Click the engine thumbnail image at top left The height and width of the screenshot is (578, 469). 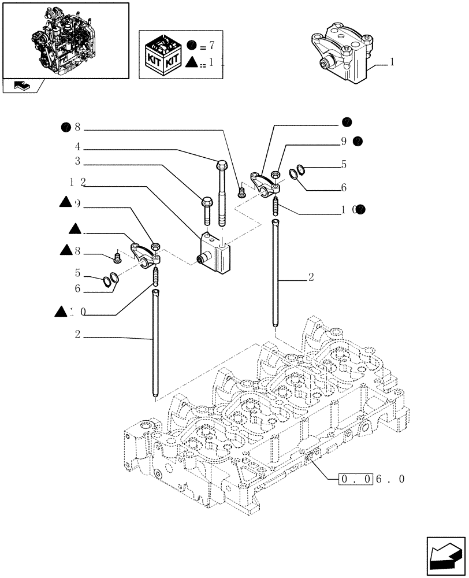[x=65, y=40]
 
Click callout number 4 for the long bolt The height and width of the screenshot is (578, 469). [x=76, y=147]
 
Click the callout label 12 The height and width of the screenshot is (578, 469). [x=77, y=182]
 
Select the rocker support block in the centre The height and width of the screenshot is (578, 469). [x=216, y=253]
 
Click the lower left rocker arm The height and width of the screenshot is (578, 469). [x=142, y=254]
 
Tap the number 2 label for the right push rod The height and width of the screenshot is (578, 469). [x=311, y=277]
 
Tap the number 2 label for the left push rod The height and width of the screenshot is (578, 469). [x=77, y=334]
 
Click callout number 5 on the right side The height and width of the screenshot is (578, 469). [x=344, y=165]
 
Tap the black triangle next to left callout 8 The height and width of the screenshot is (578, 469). [x=65, y=250]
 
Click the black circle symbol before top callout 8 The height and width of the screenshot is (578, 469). [x=66, y=128]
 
